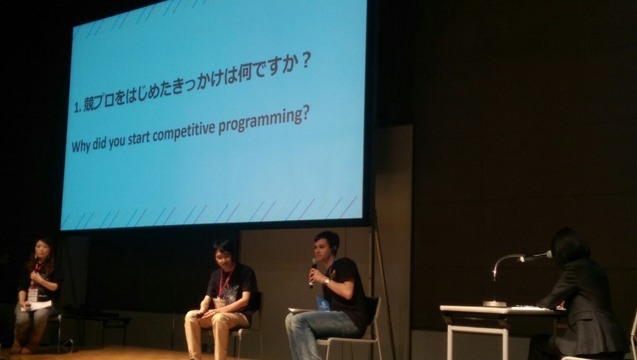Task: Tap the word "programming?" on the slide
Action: [x=264, y=120]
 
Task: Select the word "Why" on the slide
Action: [x=81, y=145]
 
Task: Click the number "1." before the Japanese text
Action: [x=78, y=108]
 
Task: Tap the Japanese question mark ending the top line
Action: [x=306, y=61]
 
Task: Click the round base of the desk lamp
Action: [x=495, y=303]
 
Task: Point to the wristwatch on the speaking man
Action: [x=326, y=281]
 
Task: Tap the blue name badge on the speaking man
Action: [x=323, y=303]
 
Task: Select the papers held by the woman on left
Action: [x=37, y=306]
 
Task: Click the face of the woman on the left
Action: [x=42, y=252]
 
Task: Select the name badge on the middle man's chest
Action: [x=219, y=303]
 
